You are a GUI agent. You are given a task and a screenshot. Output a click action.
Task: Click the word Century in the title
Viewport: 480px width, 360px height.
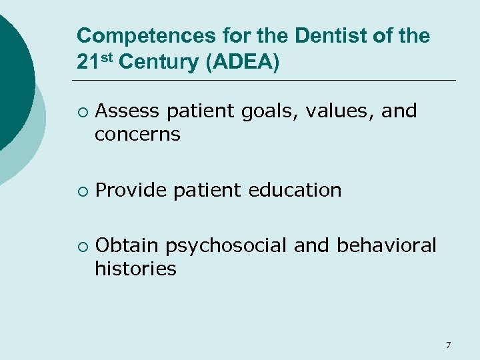pyautogui.click(x=160, y=63)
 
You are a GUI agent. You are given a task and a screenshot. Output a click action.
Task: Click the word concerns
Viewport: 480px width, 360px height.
pyautogui.click(x=137, y=134)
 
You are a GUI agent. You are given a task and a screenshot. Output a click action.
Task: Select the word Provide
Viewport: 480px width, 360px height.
pyautogui.click(x=131, y=190)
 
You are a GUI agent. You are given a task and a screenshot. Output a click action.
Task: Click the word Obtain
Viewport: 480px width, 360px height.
pyautogui.click(x=127, y=245)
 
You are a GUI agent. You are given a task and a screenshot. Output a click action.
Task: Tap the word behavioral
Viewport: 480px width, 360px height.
pyautogui.click(x=387, y=245)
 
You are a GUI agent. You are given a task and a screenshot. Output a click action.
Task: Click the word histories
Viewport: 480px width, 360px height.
pyautogui.click(x=135, y=269)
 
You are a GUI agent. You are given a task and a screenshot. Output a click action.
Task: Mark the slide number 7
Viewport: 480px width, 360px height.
pyautogui.click(x=448, y=345)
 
